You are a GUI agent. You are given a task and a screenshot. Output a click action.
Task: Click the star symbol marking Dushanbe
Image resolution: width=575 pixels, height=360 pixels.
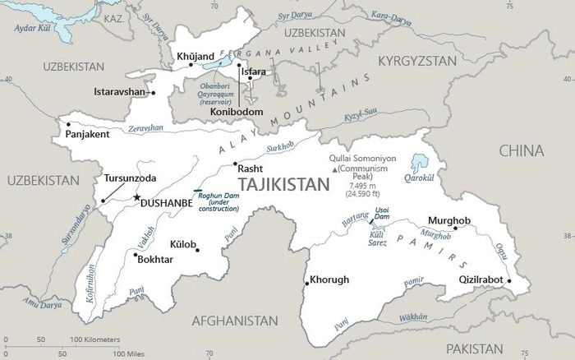point(136,197)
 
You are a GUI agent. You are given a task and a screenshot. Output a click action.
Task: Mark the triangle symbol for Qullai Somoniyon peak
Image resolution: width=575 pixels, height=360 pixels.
point(333,169)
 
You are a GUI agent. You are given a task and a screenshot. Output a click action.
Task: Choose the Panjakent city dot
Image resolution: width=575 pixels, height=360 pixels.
point(66,125)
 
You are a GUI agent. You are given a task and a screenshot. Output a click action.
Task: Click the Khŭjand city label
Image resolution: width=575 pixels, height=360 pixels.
point(195,57)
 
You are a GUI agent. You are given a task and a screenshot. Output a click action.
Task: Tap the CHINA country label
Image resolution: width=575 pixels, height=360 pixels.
point(520,150)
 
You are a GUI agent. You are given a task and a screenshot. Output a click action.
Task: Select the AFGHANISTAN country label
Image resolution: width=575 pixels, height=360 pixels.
point(237,321)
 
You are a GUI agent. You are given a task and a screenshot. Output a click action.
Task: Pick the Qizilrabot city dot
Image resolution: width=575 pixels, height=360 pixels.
point(509,281)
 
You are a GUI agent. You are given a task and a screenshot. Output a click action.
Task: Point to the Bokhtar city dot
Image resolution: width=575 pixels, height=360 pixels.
point(136,255)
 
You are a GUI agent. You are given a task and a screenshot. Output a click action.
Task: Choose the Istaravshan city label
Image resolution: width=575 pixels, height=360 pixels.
point(119,91)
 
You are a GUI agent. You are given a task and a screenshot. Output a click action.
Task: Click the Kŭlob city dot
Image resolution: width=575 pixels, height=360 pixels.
point(197,249)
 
